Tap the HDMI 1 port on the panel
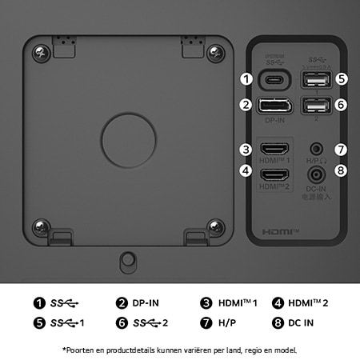[x=276, y=150]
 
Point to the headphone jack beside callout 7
[x=319, y=149]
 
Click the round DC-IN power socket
[x=319, y=172]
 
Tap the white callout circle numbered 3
[x=246, y=150]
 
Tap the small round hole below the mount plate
[x=126, y=259]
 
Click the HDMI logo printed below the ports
[x=280, y=232]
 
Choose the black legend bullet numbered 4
[x=279, y=303]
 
